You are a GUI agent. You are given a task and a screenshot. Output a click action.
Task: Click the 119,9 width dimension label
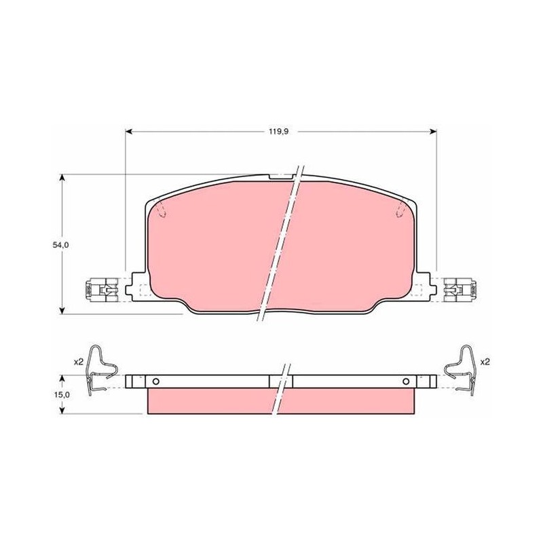click(x=279, y=132)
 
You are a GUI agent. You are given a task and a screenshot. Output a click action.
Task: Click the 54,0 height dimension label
click(x=61, y=245)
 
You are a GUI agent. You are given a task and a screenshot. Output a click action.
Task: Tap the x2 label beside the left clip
click(x=79, y=362)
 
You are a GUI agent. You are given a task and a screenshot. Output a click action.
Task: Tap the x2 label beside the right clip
click(x=485, y=362)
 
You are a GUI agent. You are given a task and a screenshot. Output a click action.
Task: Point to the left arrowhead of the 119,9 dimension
click(x=128, y=132)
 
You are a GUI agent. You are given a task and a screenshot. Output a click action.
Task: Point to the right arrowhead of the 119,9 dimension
click(x=432, y=132)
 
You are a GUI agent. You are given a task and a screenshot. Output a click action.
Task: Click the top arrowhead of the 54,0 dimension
click(x=62, y=178)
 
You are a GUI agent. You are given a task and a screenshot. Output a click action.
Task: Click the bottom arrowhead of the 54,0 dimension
click(x=62, y=310)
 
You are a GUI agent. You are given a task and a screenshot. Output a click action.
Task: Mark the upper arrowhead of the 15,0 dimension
click(x=62, y=379)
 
